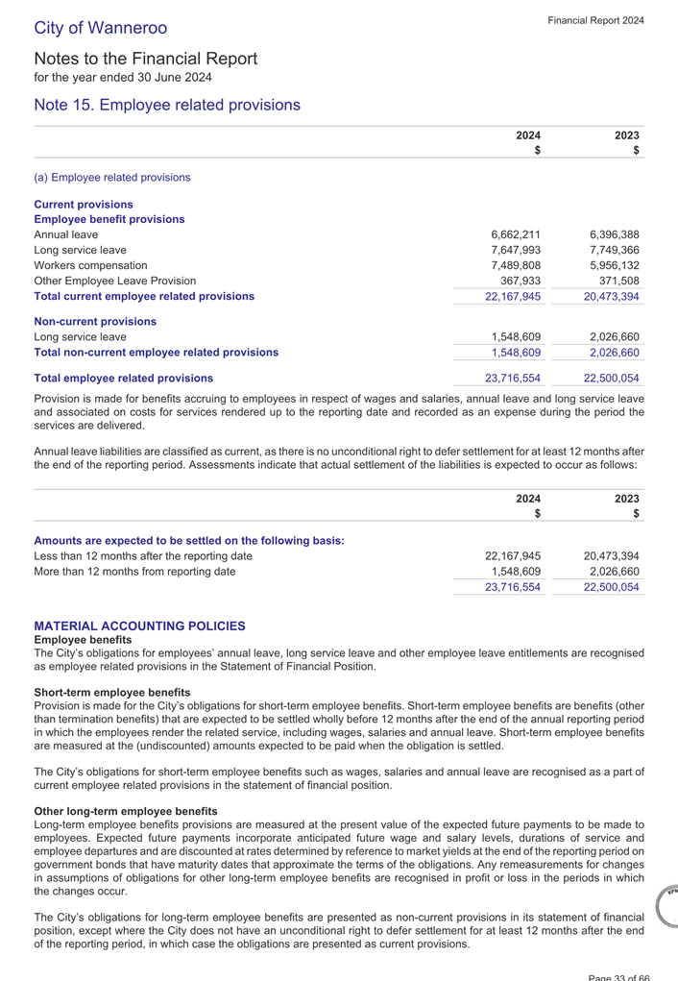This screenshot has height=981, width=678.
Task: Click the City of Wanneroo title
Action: tap(101, 28)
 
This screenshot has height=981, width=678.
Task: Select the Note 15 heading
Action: tap(167, 105)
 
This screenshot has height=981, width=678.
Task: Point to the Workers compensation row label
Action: tap(90, 265)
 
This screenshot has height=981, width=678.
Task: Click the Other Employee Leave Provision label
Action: tap(114, 281)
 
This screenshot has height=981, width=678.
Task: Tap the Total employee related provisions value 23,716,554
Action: tap(512, 379)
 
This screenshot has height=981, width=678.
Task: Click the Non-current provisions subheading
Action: tap(95, 322)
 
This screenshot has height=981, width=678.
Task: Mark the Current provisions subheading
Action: tap(84, 205)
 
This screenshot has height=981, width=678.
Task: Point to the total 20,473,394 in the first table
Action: tap(610, 297)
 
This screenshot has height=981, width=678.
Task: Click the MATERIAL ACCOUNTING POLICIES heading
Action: tap(139, 625)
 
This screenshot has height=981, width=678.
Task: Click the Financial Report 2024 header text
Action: tap(595, 20)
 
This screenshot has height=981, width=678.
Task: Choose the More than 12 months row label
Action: tap(134, 572)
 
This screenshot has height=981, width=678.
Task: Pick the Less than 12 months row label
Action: tap(143, 556)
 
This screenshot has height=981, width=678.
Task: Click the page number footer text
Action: tap(619, 976)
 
